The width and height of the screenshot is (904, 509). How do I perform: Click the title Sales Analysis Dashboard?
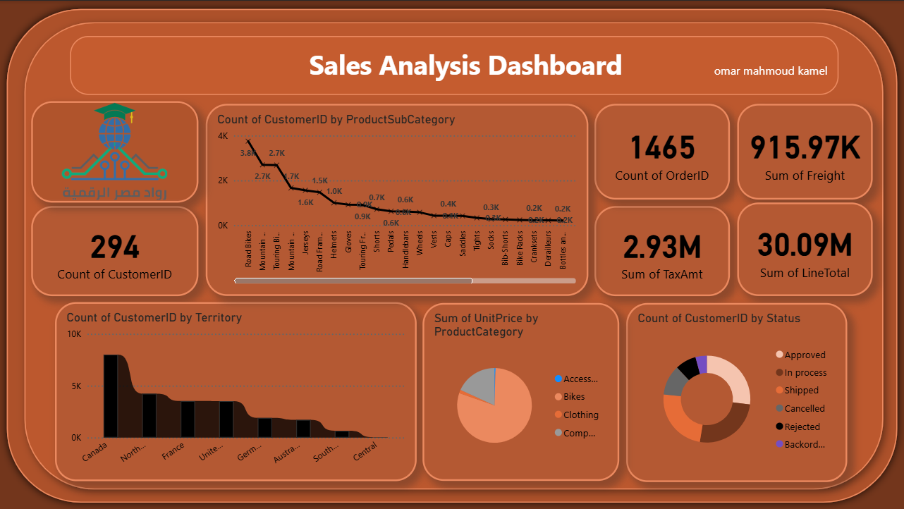(465, 66)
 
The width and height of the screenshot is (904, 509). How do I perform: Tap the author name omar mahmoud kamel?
(771, 71)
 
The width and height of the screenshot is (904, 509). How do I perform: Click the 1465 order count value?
(662, 148)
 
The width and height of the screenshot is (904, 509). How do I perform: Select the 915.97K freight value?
(805, 148)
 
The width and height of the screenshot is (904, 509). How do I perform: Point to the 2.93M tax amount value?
(662, 247)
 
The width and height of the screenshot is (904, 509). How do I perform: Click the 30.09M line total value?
(805, 245)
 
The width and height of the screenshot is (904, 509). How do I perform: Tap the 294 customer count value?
(115, 247)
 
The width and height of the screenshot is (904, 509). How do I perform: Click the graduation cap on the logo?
(114, 112)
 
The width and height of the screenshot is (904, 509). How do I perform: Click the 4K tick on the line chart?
(223, 136)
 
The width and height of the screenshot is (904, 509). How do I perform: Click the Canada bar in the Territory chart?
(111, 396)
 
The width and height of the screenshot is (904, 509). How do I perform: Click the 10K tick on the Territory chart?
(74, 334)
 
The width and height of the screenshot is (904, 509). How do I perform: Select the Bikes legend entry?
(573, 397)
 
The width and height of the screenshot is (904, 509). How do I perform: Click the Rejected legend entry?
(802, 427)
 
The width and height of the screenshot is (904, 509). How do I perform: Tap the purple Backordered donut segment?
(702, 364)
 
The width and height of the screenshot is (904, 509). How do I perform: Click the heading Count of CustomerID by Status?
(719, 318)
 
